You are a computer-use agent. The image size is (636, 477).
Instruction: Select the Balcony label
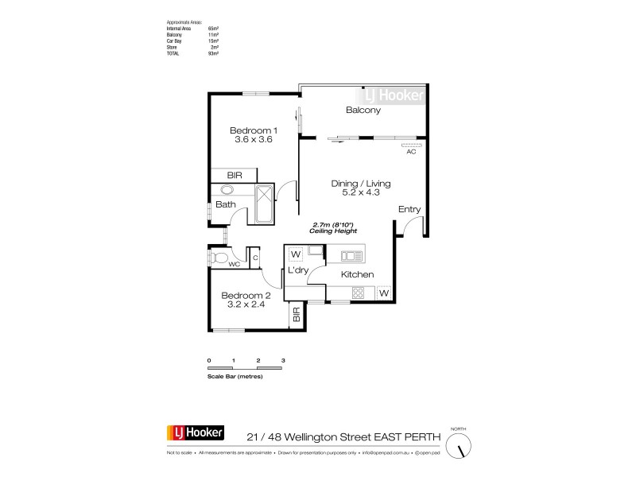click(363, 111)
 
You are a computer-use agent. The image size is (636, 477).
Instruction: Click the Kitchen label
click(357, 274)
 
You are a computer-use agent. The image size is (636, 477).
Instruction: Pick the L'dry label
click(298, 271)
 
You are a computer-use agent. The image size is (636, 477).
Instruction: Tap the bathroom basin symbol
click(227, 191)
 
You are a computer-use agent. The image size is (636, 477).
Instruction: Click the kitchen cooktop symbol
click(357, 293)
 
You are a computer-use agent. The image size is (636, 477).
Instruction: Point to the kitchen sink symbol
click(352, 255)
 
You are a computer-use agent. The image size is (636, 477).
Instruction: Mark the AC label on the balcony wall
click(411, 152)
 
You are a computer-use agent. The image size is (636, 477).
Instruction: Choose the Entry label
click(409, 209)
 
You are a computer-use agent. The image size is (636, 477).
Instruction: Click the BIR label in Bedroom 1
click(235, 175)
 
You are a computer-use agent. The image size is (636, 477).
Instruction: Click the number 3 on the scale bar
click(283, 361)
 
